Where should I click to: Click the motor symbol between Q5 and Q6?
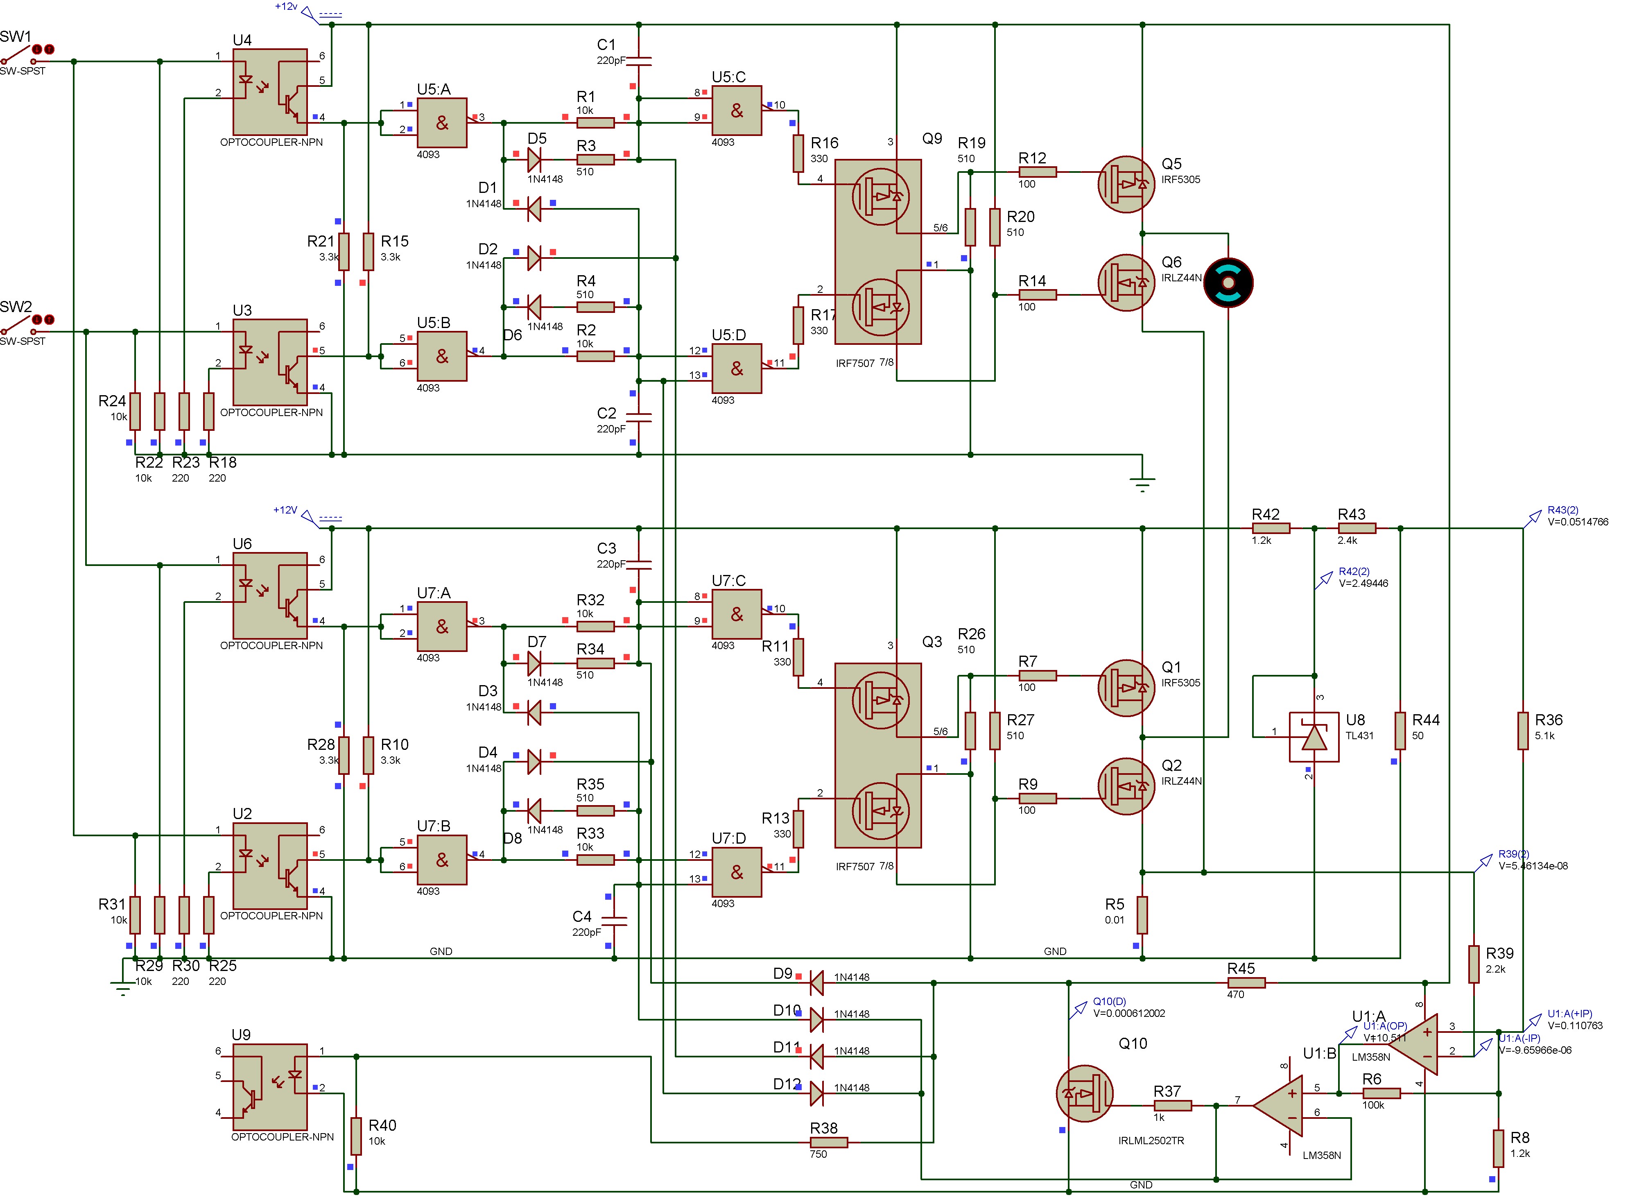pyautogui.click(x=1228, y=282)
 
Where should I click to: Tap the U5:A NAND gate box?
pyautogui.click(x=441, y=123)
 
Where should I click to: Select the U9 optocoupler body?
pyautogui.click(x=269, y=1086)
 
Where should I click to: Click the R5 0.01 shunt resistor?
pyautogui.click(x=1142, y=914)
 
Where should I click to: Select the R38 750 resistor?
pyautogui.click(x=828, y=1143)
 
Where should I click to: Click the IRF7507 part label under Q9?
pyautogui.click(x=855, y=363)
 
